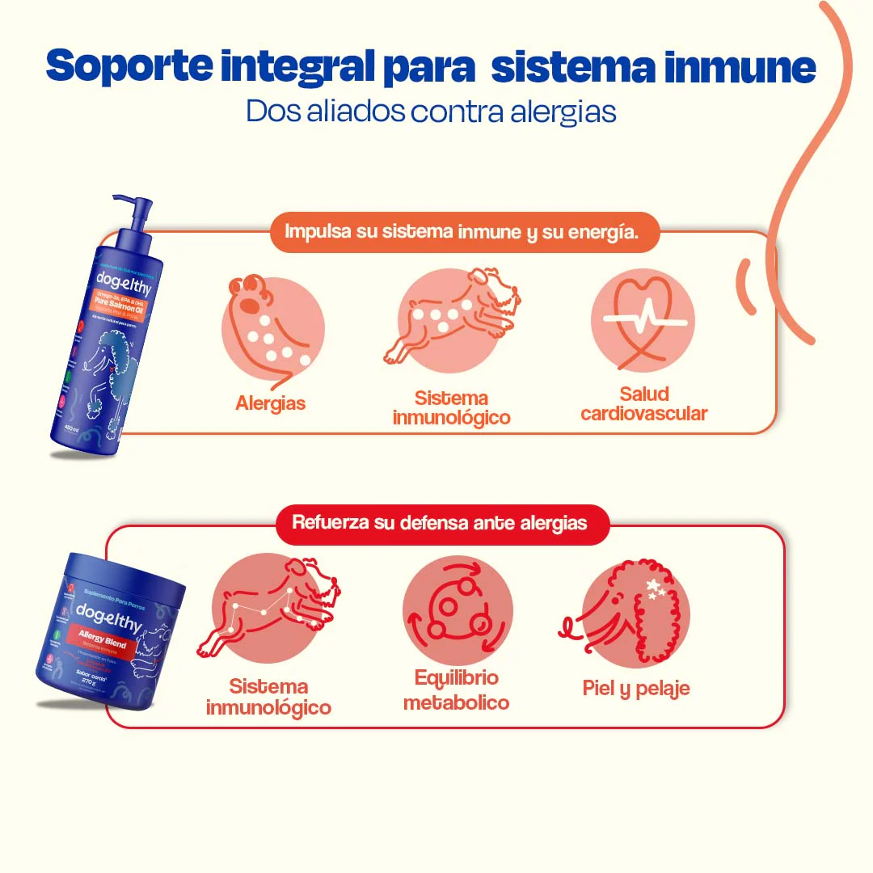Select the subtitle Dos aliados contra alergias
pos(431,112)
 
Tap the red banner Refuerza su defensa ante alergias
pos(439,522)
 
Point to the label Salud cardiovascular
pos(644,403)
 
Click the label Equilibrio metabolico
pos(457,690)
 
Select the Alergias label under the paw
pos(271,403)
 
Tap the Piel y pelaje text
pos(636,688)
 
